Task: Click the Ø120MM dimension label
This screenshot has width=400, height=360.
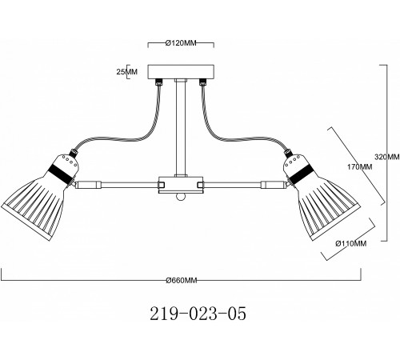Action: click(x=181, y=43)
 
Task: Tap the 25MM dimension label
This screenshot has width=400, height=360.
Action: click(x=126, y=72)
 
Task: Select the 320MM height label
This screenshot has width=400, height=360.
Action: click(x=387, y=157)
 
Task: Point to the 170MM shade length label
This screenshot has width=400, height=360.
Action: click(x=359, y=167)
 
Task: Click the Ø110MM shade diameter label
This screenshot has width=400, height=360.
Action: click(x=351, y=243)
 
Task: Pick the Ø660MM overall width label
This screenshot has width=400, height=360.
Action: click(x=182, y=280)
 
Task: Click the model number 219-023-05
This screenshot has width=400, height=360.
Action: click(x=198, y=314)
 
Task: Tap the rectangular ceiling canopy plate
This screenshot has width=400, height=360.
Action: click(x=181, y=72)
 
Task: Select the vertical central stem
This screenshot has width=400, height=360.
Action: click(x=181, y=128)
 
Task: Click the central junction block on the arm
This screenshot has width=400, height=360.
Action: click(x=181, y=185)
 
